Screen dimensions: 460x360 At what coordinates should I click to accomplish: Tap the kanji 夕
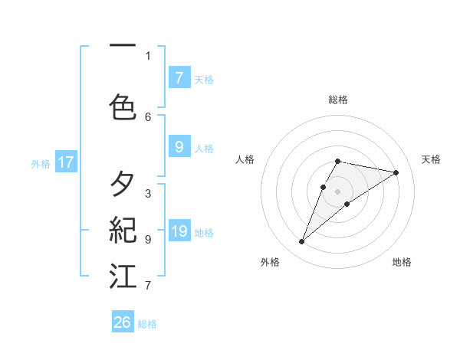click(x=123, y=184)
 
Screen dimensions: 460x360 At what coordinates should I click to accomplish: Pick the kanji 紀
click(x=123, y=230)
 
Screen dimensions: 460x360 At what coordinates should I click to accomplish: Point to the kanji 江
click(x=123, y=277)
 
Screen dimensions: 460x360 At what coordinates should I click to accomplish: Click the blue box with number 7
click(x=179, y=77)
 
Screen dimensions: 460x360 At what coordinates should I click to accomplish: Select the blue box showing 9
click(x=179, y=146)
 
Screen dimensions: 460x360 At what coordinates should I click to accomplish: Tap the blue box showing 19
click(x=179, y=231)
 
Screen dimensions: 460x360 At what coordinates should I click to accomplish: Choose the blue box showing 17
click(x=65, y=162)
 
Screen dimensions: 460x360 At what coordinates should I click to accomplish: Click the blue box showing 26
click(x=123, y=322)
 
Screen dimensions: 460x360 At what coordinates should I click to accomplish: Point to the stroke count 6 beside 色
click(x=148, y=116)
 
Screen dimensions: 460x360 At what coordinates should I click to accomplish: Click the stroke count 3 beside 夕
click(x=148, y=193)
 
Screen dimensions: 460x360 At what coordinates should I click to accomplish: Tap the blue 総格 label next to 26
click(x=147, y=324)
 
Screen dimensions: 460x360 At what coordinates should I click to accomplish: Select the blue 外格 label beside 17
click(x=41, y=163)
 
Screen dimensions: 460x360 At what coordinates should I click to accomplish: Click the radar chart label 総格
click(x=338, y=100)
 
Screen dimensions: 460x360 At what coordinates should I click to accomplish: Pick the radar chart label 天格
click(x=431, y=159)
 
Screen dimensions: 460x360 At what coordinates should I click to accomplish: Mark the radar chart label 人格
click(x=245, y=159)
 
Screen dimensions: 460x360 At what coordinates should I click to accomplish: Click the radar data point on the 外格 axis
click(x=302, y=242)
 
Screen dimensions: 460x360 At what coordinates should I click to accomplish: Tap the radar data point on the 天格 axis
click(x=396, y=172)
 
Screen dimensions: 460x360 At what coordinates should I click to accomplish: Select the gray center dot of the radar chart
click(x=338, y=191)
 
